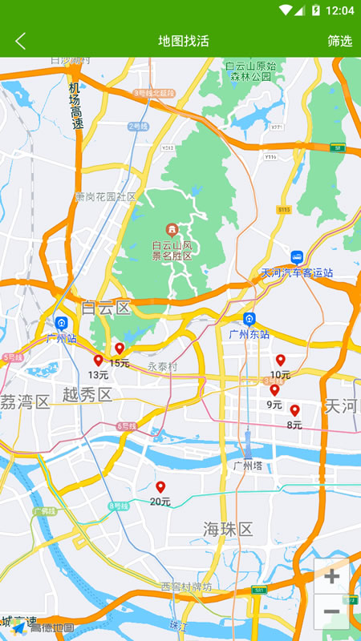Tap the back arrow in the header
(21, 41)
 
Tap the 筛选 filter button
(339, 41)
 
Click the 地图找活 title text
(184, 41)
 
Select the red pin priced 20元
(160, 487)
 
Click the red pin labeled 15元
(120, 349)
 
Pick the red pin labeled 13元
(99, 361)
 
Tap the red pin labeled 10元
(281, 361)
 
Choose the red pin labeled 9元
(274, 390)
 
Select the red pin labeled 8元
(294, 410)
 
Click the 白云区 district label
(105, 308)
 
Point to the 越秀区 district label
(87, 394)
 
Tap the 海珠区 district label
(228, 529)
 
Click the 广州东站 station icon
(249, 319)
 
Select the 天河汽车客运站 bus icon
(297, 258)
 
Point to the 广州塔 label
(248, 466)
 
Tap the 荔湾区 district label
(24, 402)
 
